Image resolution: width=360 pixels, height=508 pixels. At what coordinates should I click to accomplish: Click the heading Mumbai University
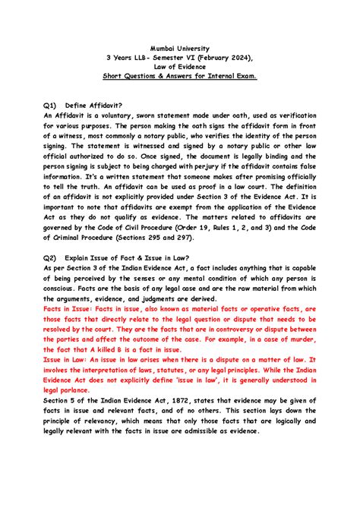coord(180,46)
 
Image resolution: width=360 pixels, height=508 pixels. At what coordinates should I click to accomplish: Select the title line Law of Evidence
coord(180,66)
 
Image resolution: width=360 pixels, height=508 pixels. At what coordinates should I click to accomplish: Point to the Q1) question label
coord(51,106)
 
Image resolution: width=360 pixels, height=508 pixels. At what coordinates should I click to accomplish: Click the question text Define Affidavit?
coord(95,106)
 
